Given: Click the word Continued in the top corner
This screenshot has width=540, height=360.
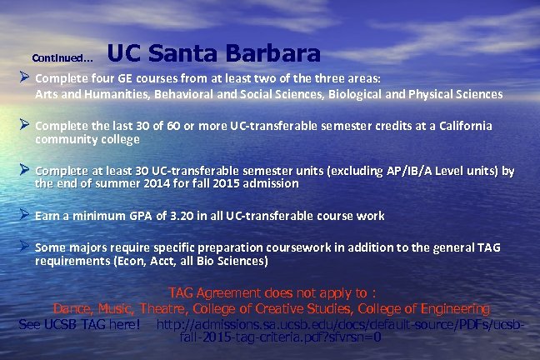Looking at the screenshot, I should [61, 58].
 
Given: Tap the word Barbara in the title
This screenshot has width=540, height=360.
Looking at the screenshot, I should [274, 54].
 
